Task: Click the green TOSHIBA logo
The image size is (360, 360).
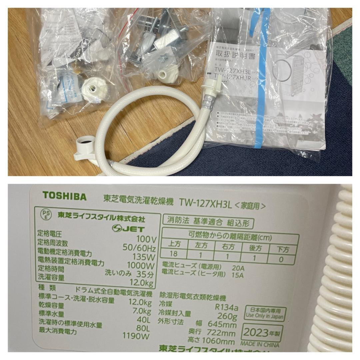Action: point(64,196)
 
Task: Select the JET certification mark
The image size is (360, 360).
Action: point(128,228)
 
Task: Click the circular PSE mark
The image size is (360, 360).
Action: point(45,214)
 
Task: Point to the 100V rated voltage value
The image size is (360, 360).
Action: point(146,239)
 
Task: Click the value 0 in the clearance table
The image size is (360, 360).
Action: point(281,259)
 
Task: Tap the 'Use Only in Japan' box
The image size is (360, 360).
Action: point(265,313)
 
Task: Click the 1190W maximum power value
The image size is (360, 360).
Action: point(136,336)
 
